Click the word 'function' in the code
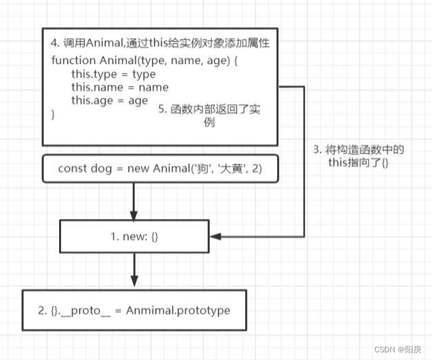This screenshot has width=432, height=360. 74,60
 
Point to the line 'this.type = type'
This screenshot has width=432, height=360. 113,74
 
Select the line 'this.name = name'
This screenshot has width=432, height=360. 120,87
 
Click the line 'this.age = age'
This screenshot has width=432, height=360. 110,101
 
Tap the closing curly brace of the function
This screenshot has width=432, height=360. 53,114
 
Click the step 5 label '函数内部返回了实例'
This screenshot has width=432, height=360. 209,115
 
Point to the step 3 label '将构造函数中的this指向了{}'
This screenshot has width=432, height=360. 358,156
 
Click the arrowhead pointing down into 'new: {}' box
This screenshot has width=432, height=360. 134,216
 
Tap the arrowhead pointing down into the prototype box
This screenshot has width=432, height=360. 134,281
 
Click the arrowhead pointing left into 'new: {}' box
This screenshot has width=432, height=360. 216,236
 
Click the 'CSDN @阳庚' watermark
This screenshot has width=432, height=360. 398,350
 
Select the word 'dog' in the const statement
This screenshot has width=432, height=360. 101,168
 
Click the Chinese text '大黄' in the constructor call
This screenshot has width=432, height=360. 231,168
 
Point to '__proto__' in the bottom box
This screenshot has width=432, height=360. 85,311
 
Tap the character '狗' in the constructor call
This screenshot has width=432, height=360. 202,168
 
